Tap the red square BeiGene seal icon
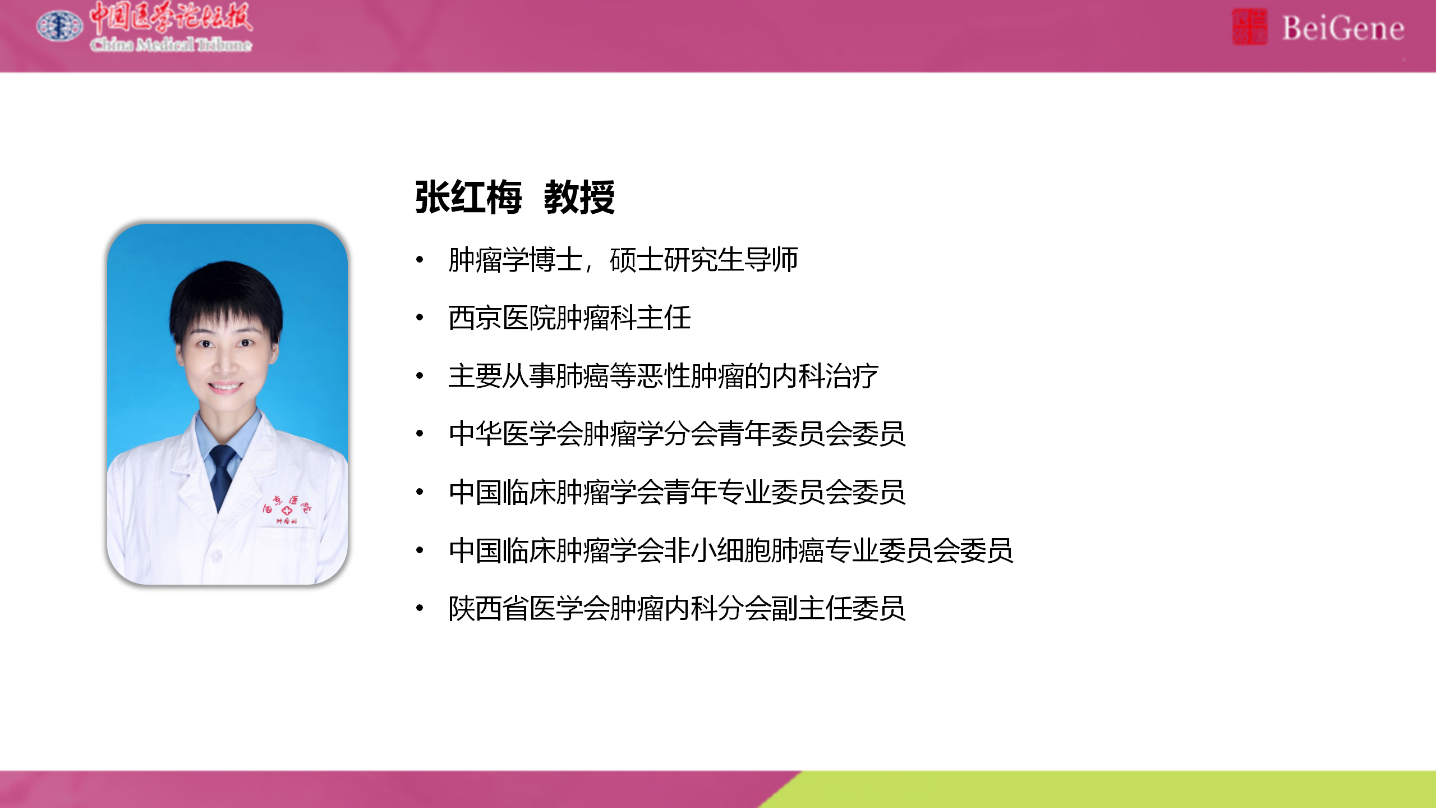tap(1249, 27)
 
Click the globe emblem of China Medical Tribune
tap(59, 26)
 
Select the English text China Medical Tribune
tap(171, 44)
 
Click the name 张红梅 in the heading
tap(468, 198)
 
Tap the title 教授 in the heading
tap(579, 198)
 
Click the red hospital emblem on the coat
tap(287, 509)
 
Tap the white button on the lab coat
tap(217, 555)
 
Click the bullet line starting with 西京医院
tap(569, 318)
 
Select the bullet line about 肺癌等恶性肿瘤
tap(663, 376)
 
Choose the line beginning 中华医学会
tap(677, 434)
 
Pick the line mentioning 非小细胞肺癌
tap(731, 550)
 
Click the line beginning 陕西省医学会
tap(677, 609)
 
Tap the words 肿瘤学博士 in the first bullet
tap(515, 260)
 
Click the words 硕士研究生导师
tap(703, 260)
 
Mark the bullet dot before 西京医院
tap(420, 318)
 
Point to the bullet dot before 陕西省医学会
tap(420, 608)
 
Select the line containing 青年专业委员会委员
tap(677, 492)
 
